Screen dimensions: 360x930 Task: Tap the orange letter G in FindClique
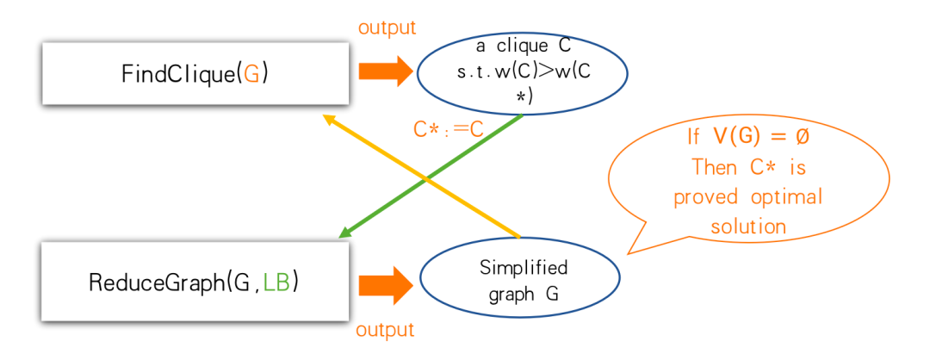(251, 74)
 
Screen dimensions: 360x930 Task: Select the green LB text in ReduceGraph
(276, 282)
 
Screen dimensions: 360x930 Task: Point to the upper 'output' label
(387, 28)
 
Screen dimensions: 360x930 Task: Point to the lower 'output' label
(385, 330)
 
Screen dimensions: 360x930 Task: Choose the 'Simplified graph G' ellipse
(519, 281)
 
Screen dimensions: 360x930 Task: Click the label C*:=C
(447, 130)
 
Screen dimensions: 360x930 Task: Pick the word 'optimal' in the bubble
(786, 197)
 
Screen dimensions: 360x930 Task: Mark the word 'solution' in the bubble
(747, 227)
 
